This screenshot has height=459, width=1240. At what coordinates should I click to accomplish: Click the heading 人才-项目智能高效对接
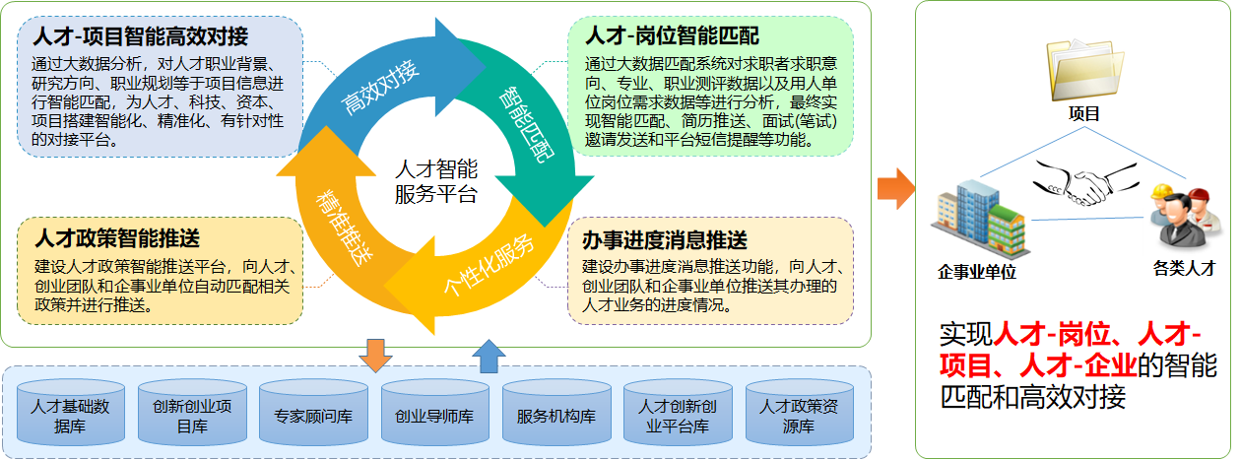(140, 38)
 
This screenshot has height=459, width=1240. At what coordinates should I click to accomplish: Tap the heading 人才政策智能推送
(116, 238)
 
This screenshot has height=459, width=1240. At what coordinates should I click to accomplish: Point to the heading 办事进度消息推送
(664, 239)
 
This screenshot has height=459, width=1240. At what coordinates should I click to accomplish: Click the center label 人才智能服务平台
(435, 180)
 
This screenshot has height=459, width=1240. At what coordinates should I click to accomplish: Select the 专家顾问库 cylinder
(313, 416)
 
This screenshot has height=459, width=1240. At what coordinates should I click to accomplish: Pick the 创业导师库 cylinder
(434, 416)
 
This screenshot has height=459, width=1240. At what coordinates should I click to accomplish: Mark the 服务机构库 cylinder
(555, 416)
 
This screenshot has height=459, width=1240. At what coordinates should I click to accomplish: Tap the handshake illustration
(1084, 183)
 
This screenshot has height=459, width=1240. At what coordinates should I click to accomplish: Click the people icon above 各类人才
(1182, 218)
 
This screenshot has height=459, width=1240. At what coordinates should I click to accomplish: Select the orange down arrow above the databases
(375, 356)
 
